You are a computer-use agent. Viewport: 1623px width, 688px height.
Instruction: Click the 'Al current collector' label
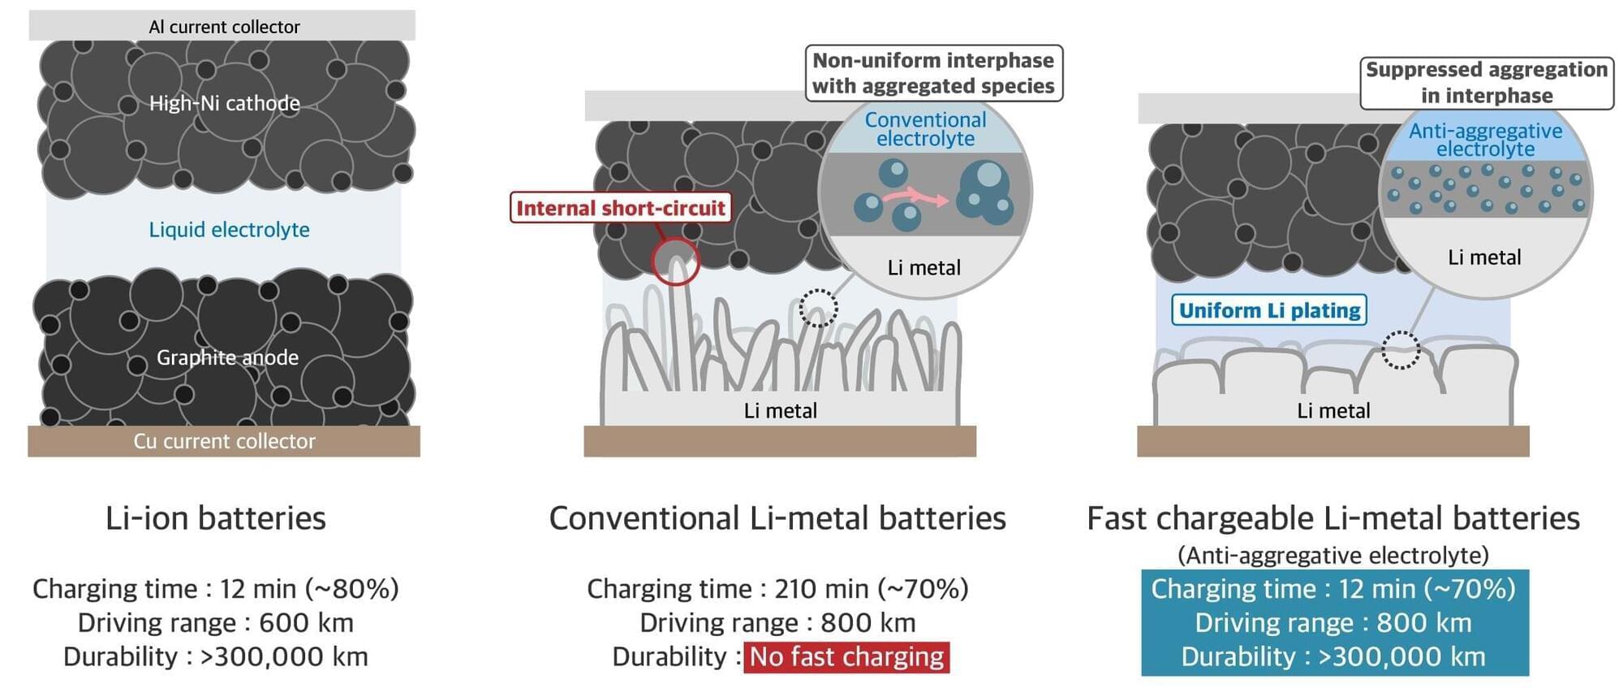pyautogui.click(x=224, y=27)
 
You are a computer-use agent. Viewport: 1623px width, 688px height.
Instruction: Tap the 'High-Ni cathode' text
pyautogui.click(x=225, y=103)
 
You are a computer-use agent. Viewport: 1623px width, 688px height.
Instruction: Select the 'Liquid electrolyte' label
pyautogui.click(x=229, y=230)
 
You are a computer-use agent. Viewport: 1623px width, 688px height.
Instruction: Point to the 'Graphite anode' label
pyautogui.click(x=227, y=357)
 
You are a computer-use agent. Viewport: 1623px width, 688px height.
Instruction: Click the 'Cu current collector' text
pyautogui.click(x=224, y=441)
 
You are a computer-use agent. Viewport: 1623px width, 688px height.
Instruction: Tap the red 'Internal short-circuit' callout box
pyautogui.click(x=620, y=208)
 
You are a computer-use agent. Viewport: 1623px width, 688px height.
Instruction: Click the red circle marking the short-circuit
pyautogui.click(x=675, y=262)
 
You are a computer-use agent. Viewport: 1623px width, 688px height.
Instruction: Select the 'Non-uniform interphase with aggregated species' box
pyautogui.click(x=933, y=73)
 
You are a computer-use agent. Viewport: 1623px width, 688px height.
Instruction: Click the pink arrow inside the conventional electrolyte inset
pyautogui.click(x=915, y=197)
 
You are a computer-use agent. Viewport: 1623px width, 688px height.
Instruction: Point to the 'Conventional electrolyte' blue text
pyautogui.click(x=925, y=129)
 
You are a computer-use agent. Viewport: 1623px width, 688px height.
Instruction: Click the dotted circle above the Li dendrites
pyautogui.click(x=818, y=309)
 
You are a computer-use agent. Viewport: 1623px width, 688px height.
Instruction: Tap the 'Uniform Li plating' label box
pyautogui.click(x=1269, y=310)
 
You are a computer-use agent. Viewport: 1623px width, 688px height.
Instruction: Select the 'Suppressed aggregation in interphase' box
pyautogui.click(x=1486, y=82)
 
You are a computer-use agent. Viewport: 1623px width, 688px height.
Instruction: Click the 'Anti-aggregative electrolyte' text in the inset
pyautogui.click(x=1485, y=140)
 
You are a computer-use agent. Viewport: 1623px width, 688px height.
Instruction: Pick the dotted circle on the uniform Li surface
pyautogui.click(x=1400, y=350)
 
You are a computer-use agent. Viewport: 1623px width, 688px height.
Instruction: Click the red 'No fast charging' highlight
pyautogui.click(x=846, y=656)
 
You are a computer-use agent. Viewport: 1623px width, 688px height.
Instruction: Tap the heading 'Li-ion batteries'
pyautogui.click(x=216, y=518)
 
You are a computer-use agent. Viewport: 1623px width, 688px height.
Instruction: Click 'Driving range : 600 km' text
pyautogui.click(x=216, y=623)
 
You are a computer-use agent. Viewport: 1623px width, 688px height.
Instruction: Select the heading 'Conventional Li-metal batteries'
pyautogui.click(x=777, y=518)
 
